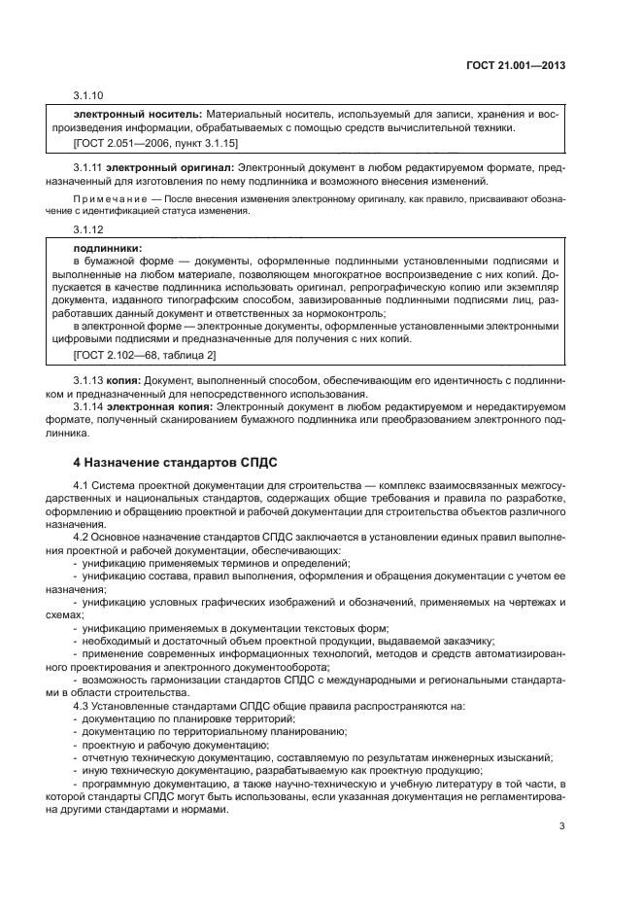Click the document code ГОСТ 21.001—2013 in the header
pyautogui.click(x=516, y=66)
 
